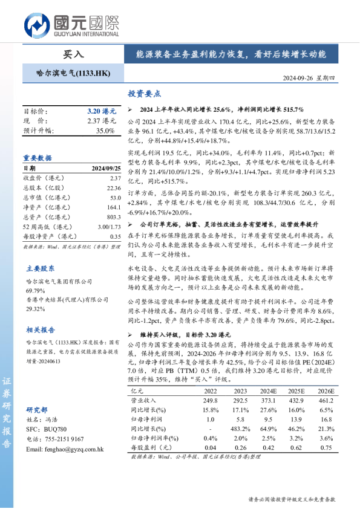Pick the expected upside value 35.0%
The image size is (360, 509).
tap(105, 130)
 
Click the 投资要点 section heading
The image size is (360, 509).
tap(144, 94)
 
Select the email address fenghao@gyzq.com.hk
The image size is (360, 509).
tap(65, 450)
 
